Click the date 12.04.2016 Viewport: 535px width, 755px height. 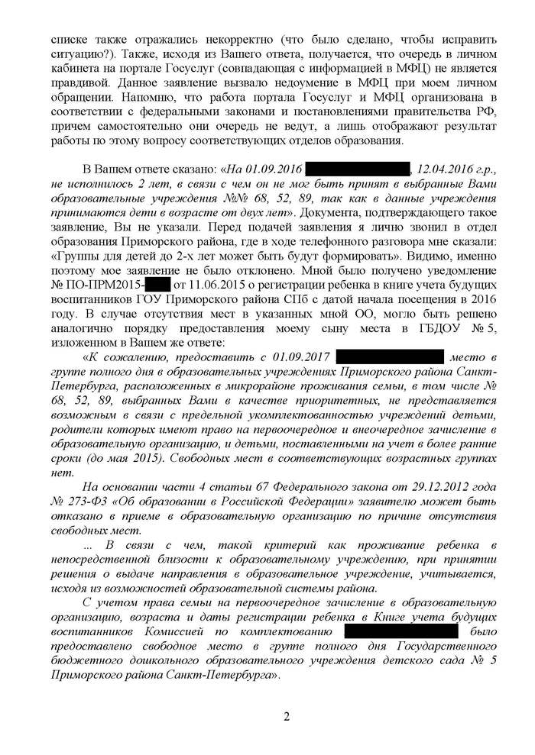click(446, 168)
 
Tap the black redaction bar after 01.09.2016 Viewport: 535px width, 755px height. click(359, 168)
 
